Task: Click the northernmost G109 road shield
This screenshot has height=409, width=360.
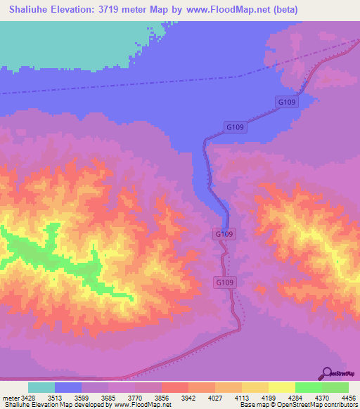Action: pyautogui.click(x=287, y=103)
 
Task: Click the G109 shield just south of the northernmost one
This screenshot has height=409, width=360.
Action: pyautogui.click(x=236, y=127)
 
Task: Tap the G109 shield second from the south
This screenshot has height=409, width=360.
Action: pyautogui.click(x=224, y=233)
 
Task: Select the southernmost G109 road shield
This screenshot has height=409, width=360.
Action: pyautogui.click(x=224, y=282)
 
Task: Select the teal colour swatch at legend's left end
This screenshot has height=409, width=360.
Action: pyautogui.click(x=41, y=387)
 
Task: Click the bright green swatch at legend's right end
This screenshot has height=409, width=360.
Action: pyautogui.click(x=335, y=387)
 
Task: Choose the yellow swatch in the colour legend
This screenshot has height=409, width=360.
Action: pyautogui.click(x=282, y=387)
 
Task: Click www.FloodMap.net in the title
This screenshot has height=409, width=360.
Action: pyautogui.click(x=219, y=9)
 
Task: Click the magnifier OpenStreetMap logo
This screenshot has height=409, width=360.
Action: pyautogui.click(x=327, y=373)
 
